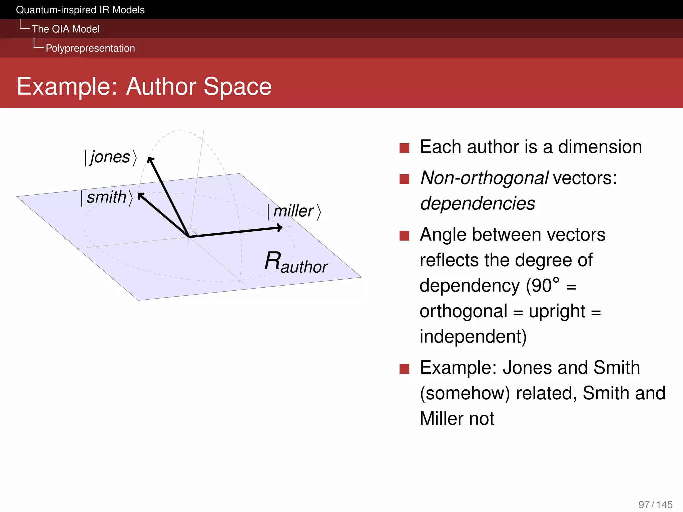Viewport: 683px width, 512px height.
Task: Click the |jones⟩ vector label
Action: click(110, 157)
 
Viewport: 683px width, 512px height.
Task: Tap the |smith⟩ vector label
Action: click(107, 197)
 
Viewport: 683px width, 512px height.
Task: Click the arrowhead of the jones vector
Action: click(151, 160)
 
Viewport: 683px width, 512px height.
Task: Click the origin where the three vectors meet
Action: click(189, 236)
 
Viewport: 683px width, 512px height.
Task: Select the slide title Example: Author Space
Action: click(144, 86)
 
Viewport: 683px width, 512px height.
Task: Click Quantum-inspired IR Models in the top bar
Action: click(80, 10)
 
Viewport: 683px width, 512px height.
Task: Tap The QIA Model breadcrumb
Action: click(66, 29)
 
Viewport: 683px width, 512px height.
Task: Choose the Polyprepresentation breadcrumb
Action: click(90, 48)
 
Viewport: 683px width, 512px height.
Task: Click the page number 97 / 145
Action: click(655, 504)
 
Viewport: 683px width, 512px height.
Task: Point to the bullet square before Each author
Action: click(404, 148)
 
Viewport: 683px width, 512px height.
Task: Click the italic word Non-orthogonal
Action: click(484, 178)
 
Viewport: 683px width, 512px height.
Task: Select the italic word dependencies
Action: click(478, 203)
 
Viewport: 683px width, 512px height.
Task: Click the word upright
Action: click(557, 311)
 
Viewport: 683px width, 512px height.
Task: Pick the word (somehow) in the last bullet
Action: click(465, 393)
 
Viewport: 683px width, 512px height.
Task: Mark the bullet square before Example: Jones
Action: click(404, 369)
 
